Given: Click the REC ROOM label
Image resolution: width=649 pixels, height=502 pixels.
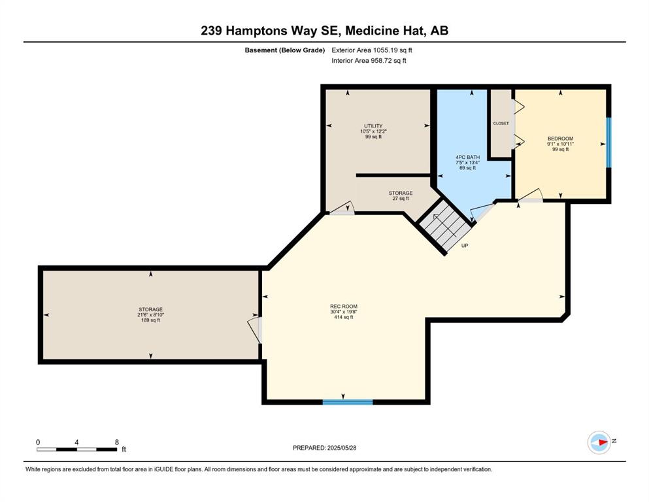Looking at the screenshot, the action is (344, 307).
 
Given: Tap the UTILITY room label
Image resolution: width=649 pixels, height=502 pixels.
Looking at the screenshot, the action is (373, 126).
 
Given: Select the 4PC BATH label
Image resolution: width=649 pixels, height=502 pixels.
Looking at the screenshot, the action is (468, 158).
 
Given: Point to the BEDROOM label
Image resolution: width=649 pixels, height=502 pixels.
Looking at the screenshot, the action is (560, 139).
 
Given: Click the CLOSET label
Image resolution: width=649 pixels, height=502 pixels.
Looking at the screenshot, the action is (501, 124).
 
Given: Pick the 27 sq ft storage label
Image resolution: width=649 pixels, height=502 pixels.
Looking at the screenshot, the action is (401, 199).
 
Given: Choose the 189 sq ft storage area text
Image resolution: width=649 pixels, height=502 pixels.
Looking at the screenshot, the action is (151, 320).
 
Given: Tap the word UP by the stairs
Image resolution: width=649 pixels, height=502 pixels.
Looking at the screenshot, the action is (465, 245).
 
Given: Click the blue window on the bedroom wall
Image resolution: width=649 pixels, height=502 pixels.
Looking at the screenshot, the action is (608, 142).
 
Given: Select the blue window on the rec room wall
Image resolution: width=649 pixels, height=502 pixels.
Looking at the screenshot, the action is (348, 402).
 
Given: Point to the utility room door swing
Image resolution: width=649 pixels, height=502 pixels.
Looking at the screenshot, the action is (342, 208).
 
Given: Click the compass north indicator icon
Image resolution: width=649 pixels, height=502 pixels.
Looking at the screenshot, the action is (599, 443).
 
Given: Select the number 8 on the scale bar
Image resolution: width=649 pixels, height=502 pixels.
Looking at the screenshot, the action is (117, 442).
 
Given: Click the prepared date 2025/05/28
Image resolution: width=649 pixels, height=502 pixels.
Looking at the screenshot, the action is (341, 448).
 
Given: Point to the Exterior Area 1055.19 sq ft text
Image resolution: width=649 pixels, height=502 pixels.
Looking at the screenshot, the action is (372, 50).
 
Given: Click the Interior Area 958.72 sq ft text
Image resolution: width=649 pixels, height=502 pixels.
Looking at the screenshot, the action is (369, 60).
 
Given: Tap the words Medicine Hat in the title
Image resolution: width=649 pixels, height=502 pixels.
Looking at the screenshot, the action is (386, 31).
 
